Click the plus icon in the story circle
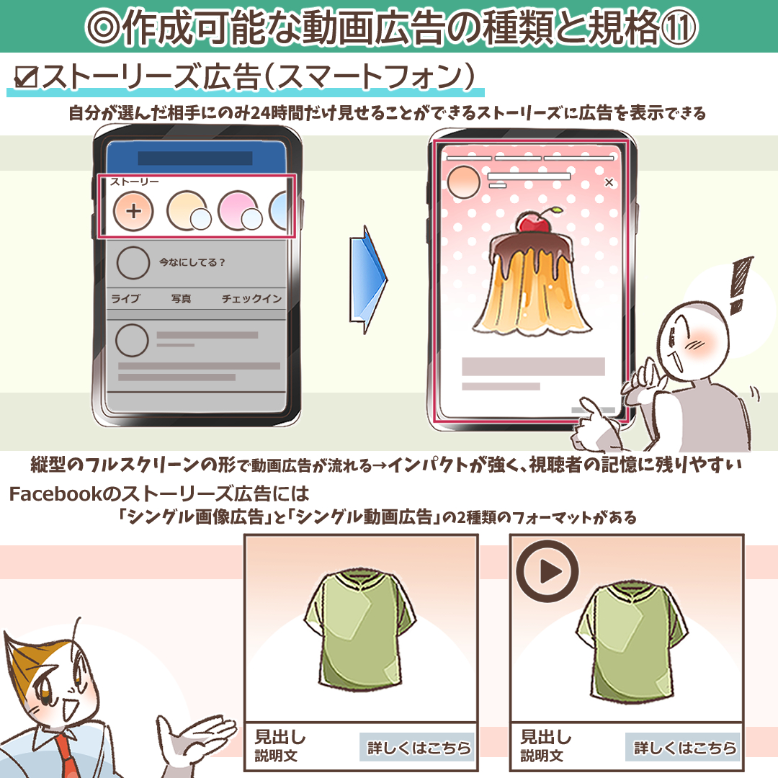(133, 211)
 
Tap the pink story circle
(236, 209)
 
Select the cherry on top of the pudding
(535, 223)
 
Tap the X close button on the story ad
(609, 182)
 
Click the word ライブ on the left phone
(125, 299)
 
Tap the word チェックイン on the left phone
(251, 299)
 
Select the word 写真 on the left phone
(181, 299)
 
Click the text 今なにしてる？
(192, 262)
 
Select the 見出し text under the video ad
(545, 738)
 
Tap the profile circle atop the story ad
(463, 182)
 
